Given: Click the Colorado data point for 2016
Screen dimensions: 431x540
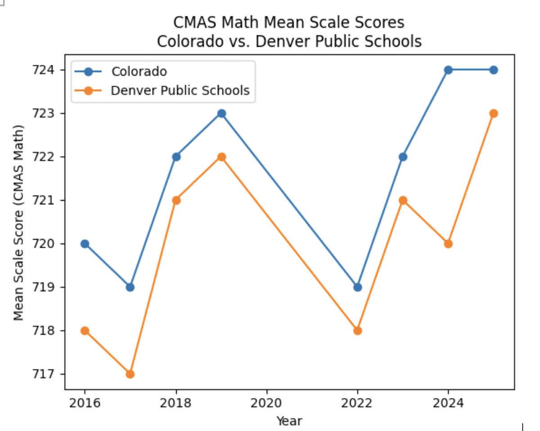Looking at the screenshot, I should pyautogui.click(x=85, y=244).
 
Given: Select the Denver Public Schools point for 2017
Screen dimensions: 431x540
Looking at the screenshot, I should pyautogui.click(x=130, y=374).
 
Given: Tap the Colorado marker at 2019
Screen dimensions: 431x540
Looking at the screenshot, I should pyautogui.click(x=221, y=113).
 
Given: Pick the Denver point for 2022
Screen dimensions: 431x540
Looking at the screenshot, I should pyautogui.click(x=357, y=331).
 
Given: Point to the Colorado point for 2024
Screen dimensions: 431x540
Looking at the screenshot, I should pyautogui.click(x=448, y=70).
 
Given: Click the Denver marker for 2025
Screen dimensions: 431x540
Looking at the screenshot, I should pyautogui.click(x=494, y=113).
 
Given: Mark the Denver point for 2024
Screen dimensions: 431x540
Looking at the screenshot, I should pyautogui.click(x=448, y=244).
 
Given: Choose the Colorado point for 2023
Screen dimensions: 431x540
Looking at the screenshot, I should pyautogui.click(x=403, y=157).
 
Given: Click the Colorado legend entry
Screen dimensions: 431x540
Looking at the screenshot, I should pyautogui.click(x=139, y=71).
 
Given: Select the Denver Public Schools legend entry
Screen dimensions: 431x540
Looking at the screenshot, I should pyautogui.click(x=180, y=90).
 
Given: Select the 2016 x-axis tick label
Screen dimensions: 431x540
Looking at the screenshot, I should pyautogui.click(x=85, y=403).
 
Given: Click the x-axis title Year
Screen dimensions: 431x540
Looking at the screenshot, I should pyautogui.click(x=289, y=421).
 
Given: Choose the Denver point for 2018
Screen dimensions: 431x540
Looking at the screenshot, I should pyautogui.click(x=175, y=200).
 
